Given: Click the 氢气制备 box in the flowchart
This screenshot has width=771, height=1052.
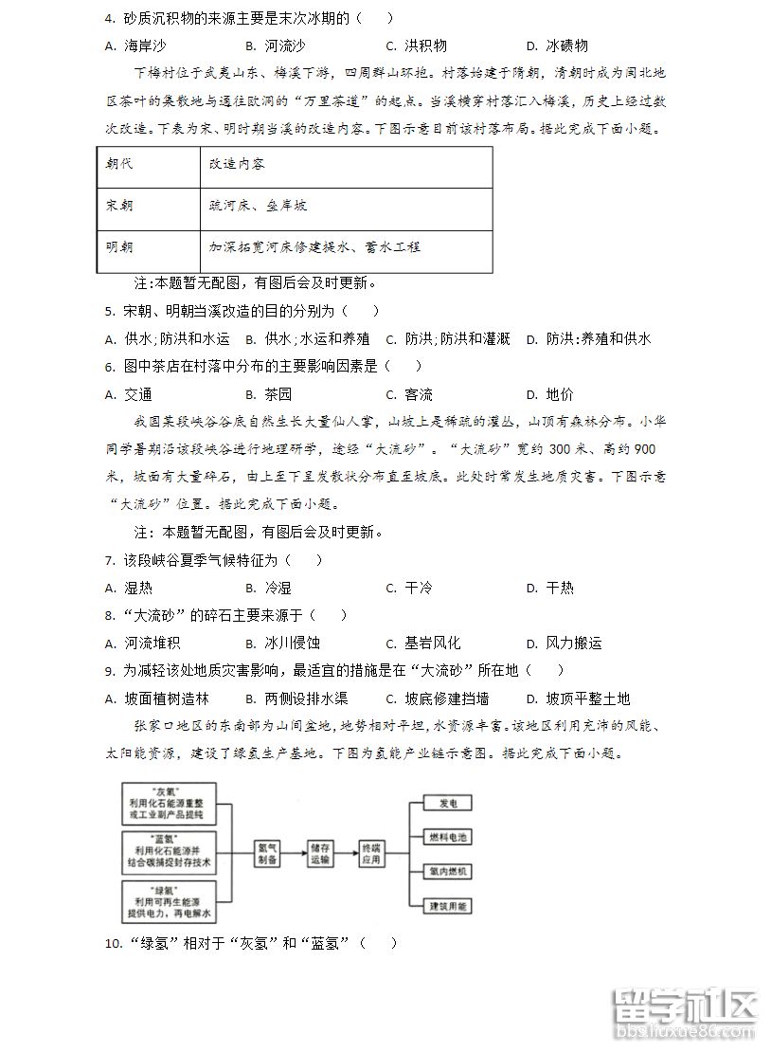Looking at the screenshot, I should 268,854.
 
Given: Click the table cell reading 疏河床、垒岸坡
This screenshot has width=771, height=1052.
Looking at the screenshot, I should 258,206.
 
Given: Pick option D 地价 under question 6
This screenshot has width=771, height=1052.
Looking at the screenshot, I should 550,394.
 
